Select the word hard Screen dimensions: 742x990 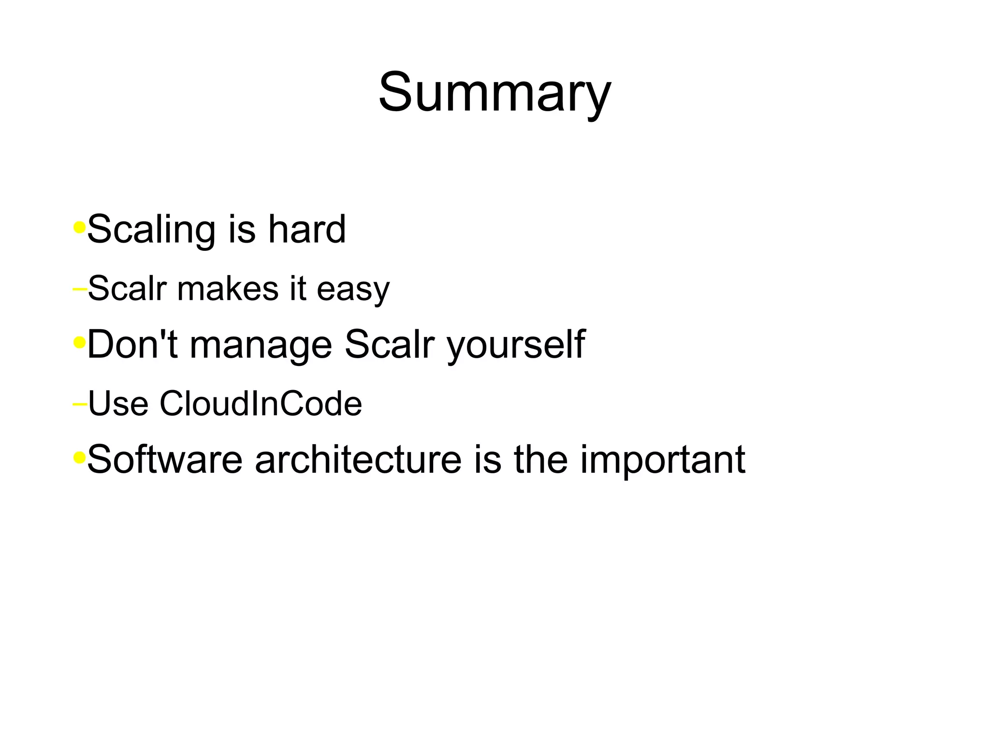tap(307, 229)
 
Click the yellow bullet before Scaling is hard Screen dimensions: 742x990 tap(79, 227)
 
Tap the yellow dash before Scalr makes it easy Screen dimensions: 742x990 tap(79, 289)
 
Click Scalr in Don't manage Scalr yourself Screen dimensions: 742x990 tap(390, 344)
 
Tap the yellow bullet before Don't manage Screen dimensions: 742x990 tap(79, 343)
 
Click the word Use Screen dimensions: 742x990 tap(118, 404)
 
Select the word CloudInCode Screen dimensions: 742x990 tap(261, 404)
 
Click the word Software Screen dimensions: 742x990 tap(165, 459)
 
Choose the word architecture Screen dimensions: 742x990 tap(358, 459)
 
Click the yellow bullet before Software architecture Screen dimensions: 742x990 tap(79, 457)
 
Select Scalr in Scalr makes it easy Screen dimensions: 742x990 tap(127, 289)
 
